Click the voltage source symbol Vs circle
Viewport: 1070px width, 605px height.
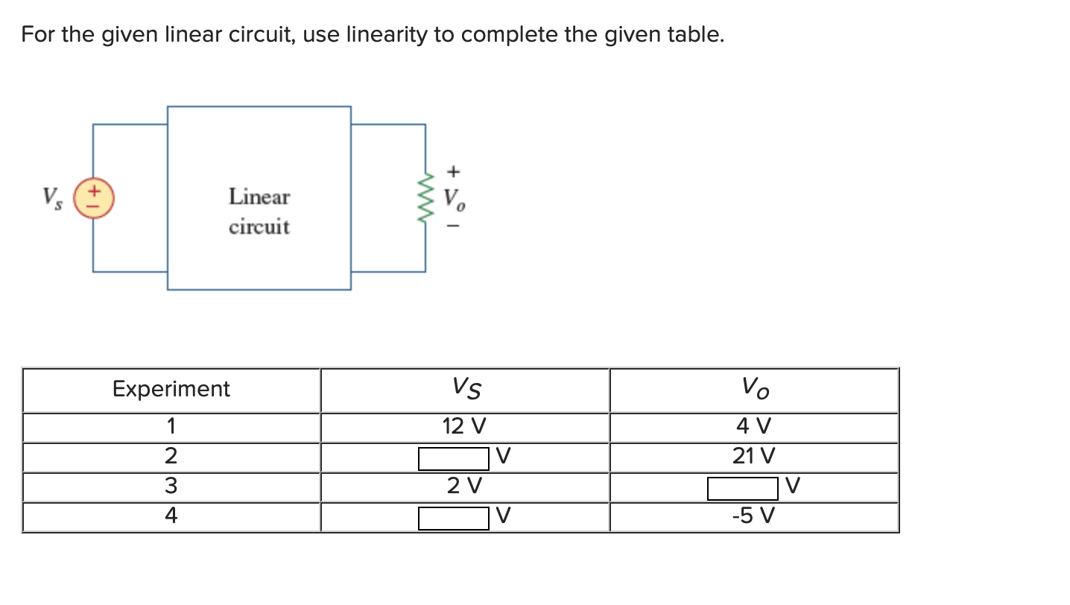93,197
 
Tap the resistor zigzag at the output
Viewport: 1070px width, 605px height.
426,197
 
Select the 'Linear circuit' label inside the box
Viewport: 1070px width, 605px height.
259,212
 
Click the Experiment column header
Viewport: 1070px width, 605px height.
171,389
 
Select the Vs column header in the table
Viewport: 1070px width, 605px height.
466,387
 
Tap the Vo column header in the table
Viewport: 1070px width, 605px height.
754,387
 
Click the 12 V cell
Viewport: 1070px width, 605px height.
463,427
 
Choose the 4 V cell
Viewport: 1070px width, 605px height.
753,427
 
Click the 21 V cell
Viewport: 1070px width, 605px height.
753,456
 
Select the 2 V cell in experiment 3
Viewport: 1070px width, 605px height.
464,487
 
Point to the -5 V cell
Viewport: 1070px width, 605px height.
753,516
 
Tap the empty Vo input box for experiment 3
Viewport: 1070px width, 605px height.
742,488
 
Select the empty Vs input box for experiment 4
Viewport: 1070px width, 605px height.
453,518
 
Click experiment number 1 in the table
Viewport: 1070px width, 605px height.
171,427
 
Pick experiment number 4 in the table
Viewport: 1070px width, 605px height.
171,516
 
